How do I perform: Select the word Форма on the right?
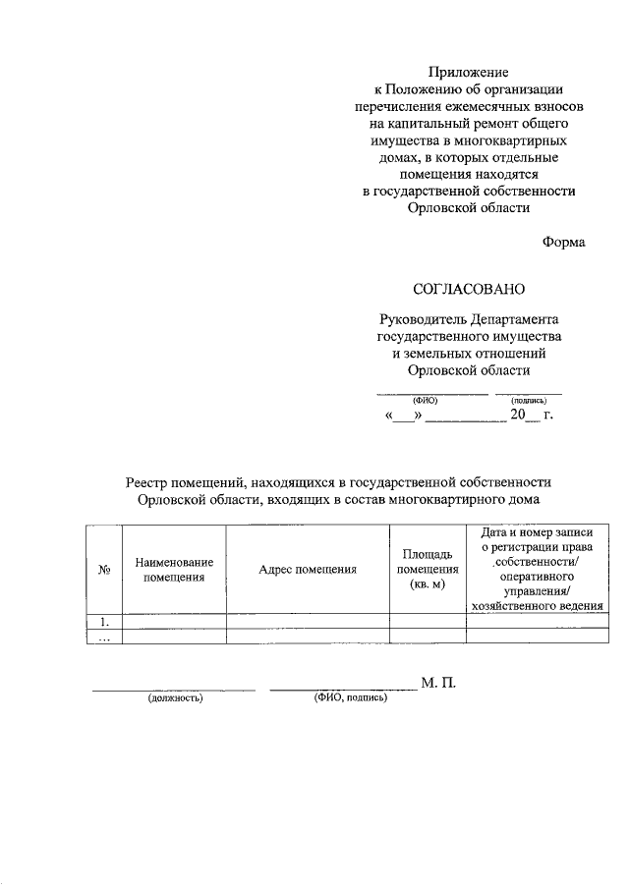(x=563, y=243)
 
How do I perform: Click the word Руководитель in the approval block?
(x=424, y=320)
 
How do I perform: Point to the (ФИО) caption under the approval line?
(x=425, y=401)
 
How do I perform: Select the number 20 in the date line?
(x=517, y=417)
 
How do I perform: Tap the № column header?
(x=104, y=570)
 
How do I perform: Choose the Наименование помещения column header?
(x=173, y=570)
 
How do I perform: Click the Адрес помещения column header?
(x=307, y=570)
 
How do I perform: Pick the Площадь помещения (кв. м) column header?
(x=428, y=570)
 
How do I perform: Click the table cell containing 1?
(x=104, y=621)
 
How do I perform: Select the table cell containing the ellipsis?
(x=104, y=637)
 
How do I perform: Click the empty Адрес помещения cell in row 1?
(x=307, y=621)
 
